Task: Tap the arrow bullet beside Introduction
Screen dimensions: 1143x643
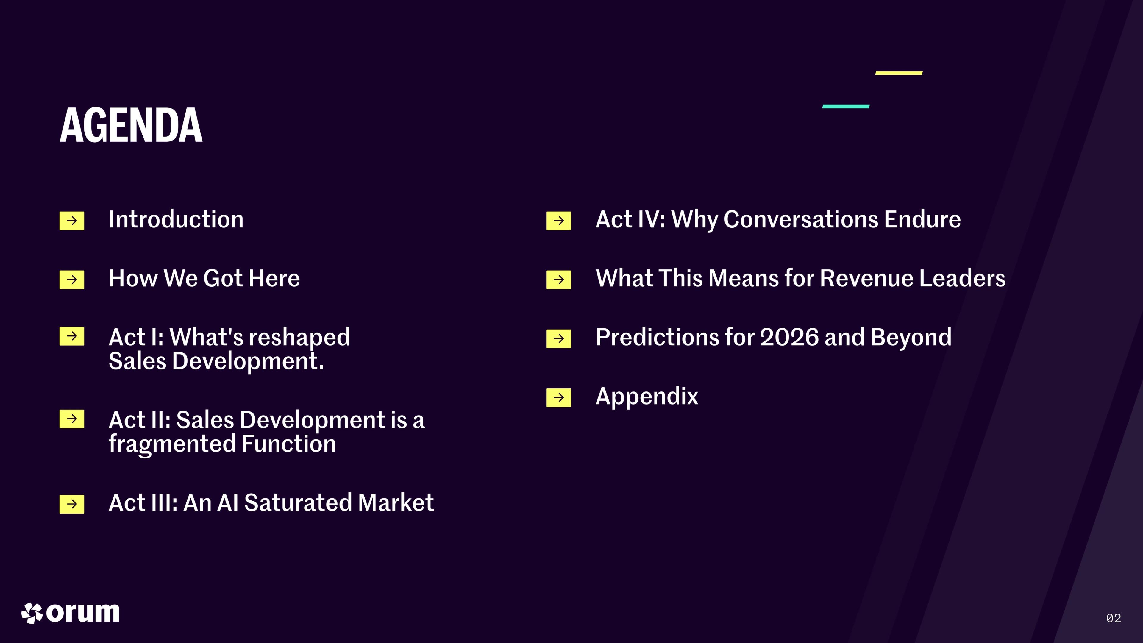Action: [72, 221]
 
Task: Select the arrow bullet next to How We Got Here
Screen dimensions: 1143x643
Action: [72, 280]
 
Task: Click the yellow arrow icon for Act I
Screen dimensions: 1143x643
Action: [72, 336]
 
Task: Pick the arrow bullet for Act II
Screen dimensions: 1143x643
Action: [72, 419]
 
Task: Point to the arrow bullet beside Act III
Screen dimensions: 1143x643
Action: [72, 504]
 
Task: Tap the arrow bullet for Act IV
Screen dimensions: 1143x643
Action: [559, 221]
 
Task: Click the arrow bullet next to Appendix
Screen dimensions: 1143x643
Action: [559, 398]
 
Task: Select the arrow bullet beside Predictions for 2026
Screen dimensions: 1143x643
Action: [559, 338]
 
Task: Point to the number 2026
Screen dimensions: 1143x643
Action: [789, 337]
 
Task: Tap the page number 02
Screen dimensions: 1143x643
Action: [1114, 618]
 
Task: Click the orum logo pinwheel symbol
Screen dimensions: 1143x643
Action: [32, 613]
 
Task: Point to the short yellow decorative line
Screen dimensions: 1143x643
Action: [899, 73]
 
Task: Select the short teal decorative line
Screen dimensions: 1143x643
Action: [846, 107]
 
